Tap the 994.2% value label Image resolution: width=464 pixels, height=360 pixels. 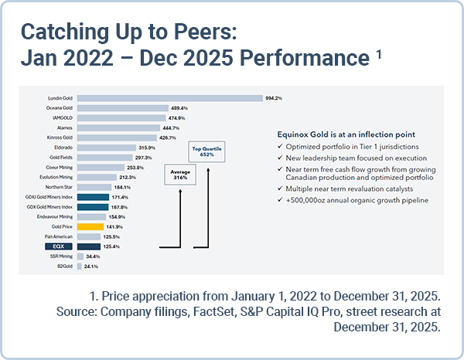coord(275,98)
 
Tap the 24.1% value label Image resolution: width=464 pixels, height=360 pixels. coord(91,267)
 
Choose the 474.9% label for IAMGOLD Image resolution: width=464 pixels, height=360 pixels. coord(179,117)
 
